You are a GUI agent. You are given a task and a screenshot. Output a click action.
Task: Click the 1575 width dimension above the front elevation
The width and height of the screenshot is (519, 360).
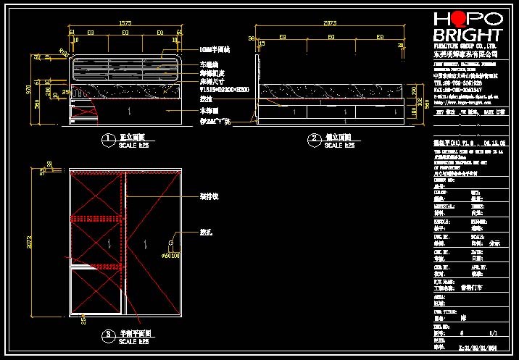tap(125, 24)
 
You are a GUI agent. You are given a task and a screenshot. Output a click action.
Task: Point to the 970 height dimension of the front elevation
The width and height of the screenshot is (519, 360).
tap(29, 89)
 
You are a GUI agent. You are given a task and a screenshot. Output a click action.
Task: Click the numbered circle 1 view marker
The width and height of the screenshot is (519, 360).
tap(107, 138)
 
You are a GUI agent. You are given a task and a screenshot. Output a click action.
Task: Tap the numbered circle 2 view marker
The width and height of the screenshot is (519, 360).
tap(314, 138)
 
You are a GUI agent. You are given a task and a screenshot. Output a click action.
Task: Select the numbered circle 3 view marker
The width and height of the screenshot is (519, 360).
tap(107, 334)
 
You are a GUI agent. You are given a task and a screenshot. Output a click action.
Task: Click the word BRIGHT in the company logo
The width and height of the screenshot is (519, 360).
tap(466, 36)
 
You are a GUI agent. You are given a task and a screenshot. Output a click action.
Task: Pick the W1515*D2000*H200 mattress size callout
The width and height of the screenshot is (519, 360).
tap(225, 90)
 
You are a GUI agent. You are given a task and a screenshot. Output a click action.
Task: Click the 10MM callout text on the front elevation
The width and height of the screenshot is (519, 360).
tap(215, 50)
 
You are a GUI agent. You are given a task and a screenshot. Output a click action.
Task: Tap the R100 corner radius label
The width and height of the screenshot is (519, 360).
tap(63, 51)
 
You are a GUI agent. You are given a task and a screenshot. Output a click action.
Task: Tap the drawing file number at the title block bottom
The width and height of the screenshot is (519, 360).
tap(474, 348)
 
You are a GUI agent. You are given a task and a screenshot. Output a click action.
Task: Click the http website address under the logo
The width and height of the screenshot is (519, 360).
tap(464, 102)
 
